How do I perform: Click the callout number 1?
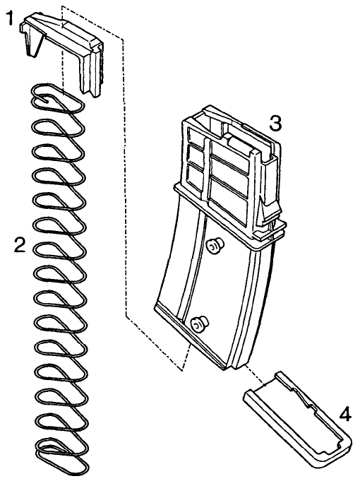[11, 18]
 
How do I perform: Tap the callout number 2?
[20, 245]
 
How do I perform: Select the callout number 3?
[275, 124]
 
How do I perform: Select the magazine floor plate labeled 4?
[297, 416]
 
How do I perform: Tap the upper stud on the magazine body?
[214, 245]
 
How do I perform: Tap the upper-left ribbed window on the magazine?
[194, 136]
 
